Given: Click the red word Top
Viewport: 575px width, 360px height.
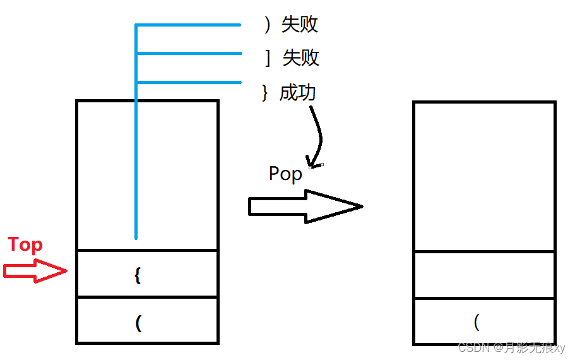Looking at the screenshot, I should [x=25, y=245].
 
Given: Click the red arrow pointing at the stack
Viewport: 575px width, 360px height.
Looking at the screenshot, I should [x=35, y=272].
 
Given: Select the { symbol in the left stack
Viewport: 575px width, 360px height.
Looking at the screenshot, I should [x=138, y=275].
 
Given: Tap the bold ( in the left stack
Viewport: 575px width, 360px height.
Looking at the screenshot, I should [x=138, y=323].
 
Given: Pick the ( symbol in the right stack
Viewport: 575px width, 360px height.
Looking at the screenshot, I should [x=477, y=322].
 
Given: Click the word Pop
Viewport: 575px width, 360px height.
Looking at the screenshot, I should [x=285, y=174].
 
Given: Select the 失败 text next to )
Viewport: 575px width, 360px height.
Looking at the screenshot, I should [x=300, y=25].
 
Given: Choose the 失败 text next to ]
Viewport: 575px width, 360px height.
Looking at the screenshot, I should [x=301, y=58].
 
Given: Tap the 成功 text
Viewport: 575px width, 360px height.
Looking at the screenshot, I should [x=297, y=93].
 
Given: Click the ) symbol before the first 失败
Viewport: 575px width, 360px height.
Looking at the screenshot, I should [x=268, y=25].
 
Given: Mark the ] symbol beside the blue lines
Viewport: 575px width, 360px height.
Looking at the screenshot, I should [x=268, y=58].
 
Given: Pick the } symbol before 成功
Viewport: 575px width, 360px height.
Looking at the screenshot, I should [x=265, y=93].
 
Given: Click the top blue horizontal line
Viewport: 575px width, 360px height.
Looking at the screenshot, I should [x=189, y=25].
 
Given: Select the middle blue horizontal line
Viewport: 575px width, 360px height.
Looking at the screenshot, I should [x=189, y=53].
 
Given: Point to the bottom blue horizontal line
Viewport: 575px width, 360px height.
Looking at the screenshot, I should [x=189, y=82].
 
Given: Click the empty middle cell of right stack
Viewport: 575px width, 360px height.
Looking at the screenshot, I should [x=484, y=275].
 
